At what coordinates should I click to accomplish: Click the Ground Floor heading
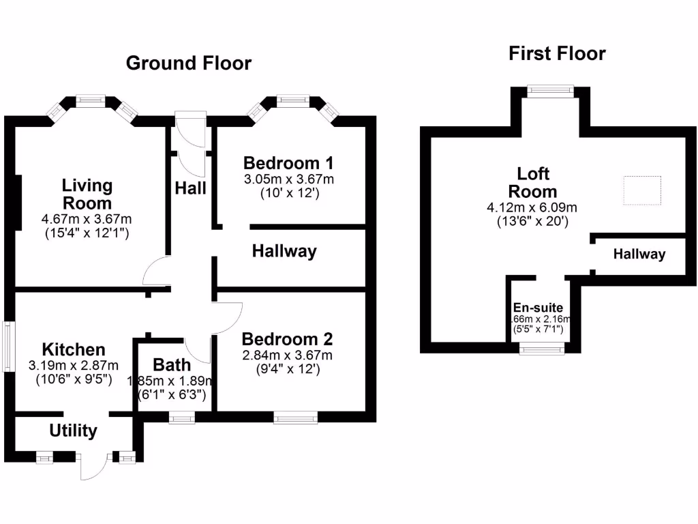pyautogui.click(x=189, y=63)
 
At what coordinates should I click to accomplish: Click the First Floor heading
pyautogui.click(x=557, y=54)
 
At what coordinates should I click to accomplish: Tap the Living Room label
pyautogui.click(x=87, y=194)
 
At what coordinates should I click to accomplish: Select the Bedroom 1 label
pyautogui.click(x=288, y=163)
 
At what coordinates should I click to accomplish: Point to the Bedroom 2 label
pyautogui.click(x=287, y=339)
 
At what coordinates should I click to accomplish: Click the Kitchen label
pyautogui.click(x=74, y=349)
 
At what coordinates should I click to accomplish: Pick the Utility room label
pyautogui.click(x=73, y=431)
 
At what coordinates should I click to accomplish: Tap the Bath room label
pyautogui.click(x=172, y=364)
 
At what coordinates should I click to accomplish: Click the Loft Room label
pyautogui.click(x=533, y=182)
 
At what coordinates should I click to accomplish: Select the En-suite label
pyautogui.click(x=538, y=308)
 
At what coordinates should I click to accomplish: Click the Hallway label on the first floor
pyautogui.click(x=639, y=254)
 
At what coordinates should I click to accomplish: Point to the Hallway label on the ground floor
pyautogui.click(x=284, y=251)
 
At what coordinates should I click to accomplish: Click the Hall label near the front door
pyautogui.click(x=190, y=188)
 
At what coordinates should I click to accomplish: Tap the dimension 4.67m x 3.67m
pyautogui.click(x=87, y=220)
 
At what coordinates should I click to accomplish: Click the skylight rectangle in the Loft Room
pyautogui.click(x=642, y=190)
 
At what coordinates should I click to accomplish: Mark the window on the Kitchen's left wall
pyautogui.click(x=8, y=346)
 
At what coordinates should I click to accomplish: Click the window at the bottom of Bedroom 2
pyautogui.click(x=295, y=418)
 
